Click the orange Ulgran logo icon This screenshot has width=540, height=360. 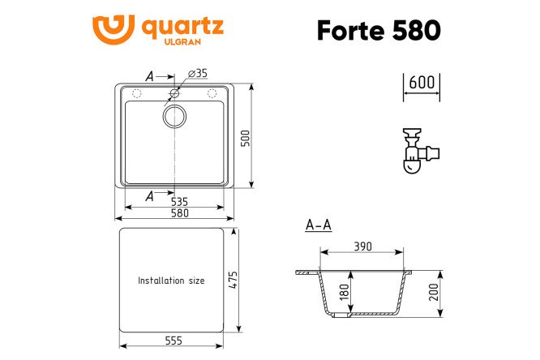click(113, 30)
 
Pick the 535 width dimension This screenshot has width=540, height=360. click(178, 200)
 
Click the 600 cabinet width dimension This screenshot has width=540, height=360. click(422, 83)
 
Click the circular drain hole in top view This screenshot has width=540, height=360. click(174, 116)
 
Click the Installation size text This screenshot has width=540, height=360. click(171, 281)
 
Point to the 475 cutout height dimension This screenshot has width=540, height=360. click(234, 281)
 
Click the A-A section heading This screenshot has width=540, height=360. click(319, 225)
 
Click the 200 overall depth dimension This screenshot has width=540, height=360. click(434, 292)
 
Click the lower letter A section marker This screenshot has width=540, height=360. click(149, 195)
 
